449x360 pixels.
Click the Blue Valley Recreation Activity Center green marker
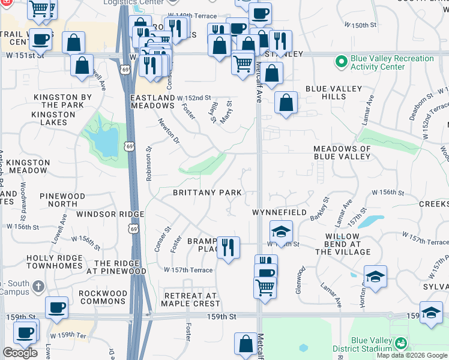pos(341,62)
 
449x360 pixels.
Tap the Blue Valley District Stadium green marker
pos(400,343)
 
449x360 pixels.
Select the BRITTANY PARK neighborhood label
pos(207,193)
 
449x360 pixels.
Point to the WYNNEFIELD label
pos(279,212)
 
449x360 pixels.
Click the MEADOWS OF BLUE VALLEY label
pos(342,152)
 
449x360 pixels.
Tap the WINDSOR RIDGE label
pos(111,214)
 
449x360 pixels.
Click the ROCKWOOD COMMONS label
pos(103,298)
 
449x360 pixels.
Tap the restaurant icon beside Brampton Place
pos(228,247)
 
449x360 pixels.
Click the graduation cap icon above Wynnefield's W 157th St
pos(280,231)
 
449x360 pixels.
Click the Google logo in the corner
pos(20,353)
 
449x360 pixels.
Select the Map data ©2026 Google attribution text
pos(412,355)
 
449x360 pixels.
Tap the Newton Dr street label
pos(169,130)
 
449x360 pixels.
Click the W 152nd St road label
pos(194,98)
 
